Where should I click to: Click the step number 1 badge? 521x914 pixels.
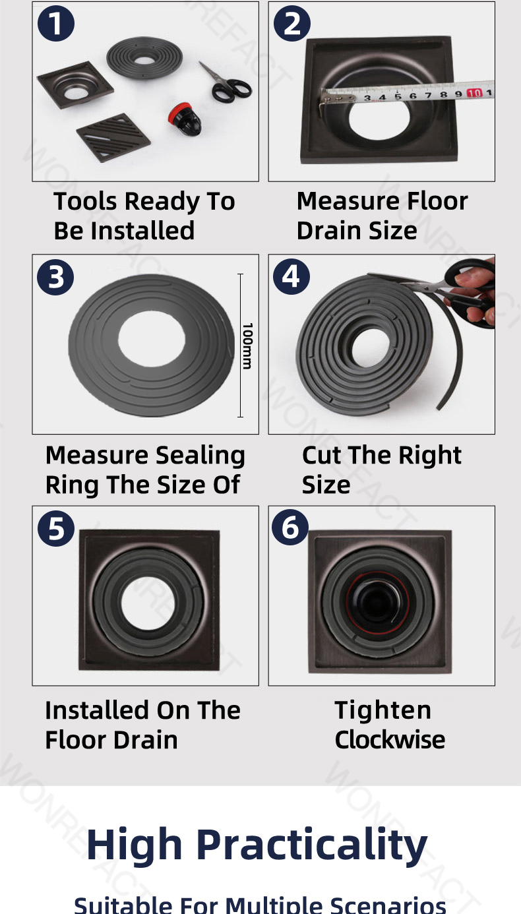(x=56, y=24)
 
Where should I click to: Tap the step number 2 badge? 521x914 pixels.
(x=292, y=24)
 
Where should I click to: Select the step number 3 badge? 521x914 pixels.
(x=56, y=277)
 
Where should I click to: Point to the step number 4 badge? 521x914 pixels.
(x=291, y=277)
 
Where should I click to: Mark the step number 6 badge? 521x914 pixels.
(x=291, y=528)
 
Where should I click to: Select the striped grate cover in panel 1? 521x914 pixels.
(x=113, y=137)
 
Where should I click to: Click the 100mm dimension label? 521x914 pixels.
(x=247, y=346)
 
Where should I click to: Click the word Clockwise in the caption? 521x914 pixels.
(x=390, y=739)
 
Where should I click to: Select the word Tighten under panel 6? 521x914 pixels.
(x=383, y=710)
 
